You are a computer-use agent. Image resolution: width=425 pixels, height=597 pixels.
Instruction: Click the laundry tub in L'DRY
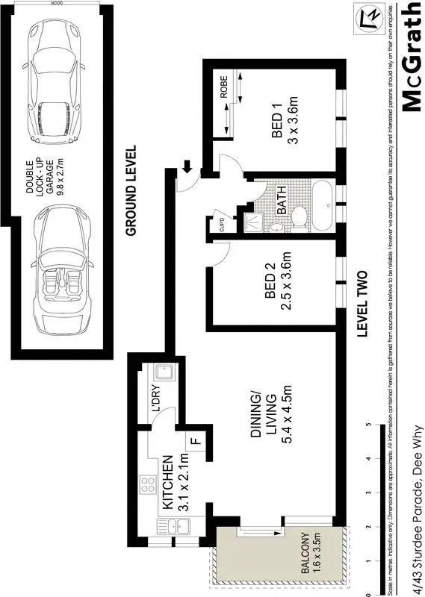pyautogui.click(x=162, y=373)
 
